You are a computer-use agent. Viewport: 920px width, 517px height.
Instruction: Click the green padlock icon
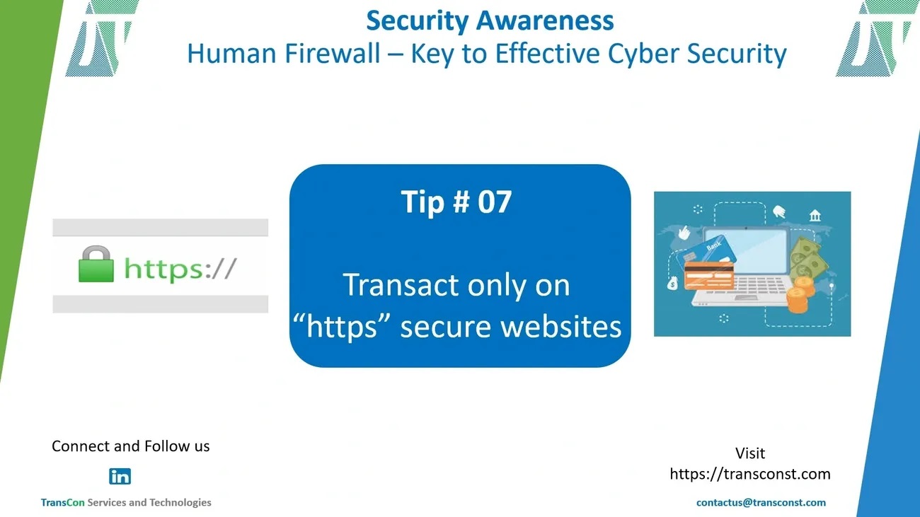pos(96,264)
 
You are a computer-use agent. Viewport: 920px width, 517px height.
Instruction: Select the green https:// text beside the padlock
pos(180,269)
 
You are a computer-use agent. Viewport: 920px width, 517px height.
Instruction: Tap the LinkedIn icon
pos(120,477)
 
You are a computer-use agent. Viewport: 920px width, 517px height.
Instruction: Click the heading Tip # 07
pos(456,202)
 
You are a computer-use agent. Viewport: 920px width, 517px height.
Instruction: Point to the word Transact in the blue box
pos(401,285)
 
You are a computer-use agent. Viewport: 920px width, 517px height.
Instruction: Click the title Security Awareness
pos(490,21)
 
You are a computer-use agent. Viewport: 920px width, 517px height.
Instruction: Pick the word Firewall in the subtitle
pos(333,53)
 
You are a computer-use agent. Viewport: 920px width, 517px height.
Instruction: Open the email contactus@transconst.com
pos(761,503)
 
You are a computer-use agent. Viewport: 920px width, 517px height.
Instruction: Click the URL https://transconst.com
pos(750,475)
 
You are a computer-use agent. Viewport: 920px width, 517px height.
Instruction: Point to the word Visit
pos(750,453)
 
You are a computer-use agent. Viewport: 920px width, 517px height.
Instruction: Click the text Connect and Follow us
pos(131,446)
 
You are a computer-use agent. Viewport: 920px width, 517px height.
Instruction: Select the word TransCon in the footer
pos(62,503)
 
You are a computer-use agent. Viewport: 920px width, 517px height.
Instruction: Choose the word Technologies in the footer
pos(180,503)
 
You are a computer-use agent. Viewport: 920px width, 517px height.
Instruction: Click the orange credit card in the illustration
pos(709,275)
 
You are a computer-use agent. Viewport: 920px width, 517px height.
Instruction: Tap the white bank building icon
pos(815,215)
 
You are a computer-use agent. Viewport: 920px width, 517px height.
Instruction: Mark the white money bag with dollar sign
pos(672,283)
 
